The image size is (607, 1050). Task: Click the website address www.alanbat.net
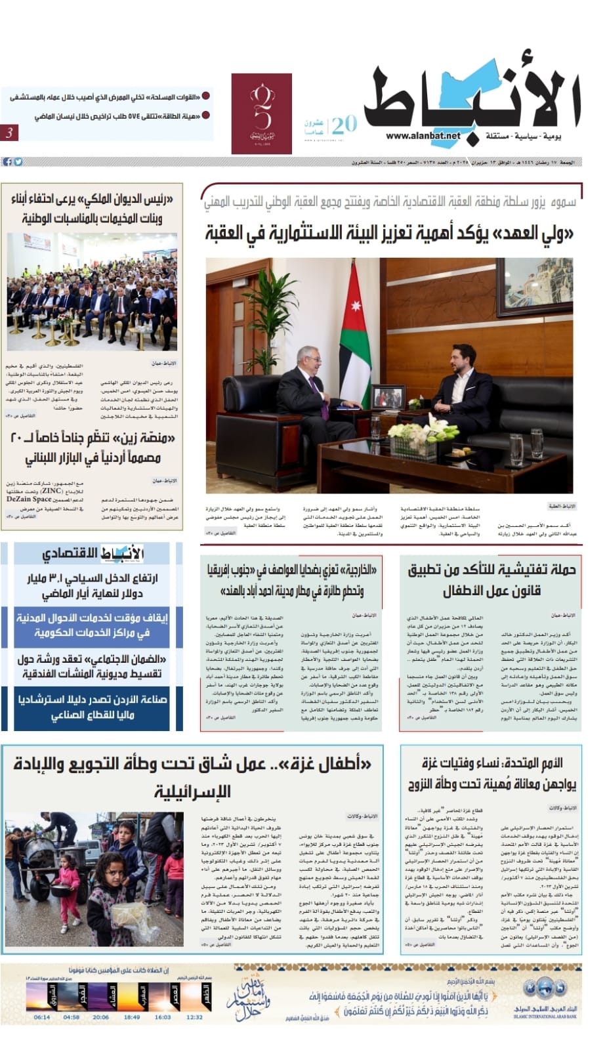423,136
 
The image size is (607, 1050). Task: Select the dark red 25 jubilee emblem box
261,114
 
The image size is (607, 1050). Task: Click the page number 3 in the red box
10,133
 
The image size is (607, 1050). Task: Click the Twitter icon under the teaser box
18,161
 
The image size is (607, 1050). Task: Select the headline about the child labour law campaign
492,579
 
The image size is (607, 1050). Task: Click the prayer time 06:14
41,1017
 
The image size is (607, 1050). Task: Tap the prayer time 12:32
194,1017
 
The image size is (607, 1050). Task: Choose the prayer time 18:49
132,1017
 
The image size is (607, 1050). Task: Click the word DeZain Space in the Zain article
29,499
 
